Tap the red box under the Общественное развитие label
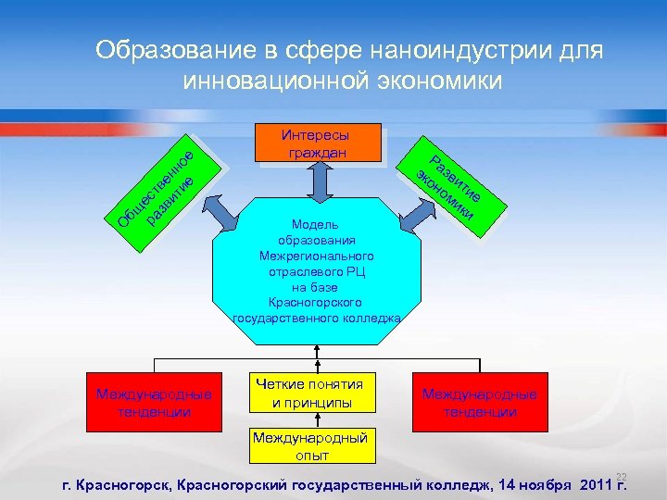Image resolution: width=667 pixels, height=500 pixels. point(155,402)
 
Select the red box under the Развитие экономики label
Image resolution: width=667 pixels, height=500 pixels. point(479,402)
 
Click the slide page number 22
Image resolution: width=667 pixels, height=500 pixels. point(622,473)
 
